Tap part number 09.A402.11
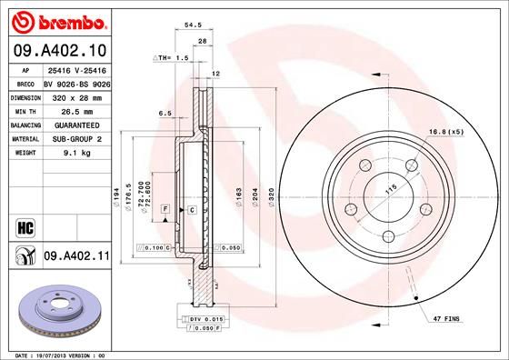[x=76, y=257]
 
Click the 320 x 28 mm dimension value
[x=74, y=95]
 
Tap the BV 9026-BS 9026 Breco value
[x=77, y=81]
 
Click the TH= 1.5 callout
[x=172, y=57]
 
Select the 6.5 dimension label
[x=165, y=114]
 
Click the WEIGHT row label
[x=24, y=154]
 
